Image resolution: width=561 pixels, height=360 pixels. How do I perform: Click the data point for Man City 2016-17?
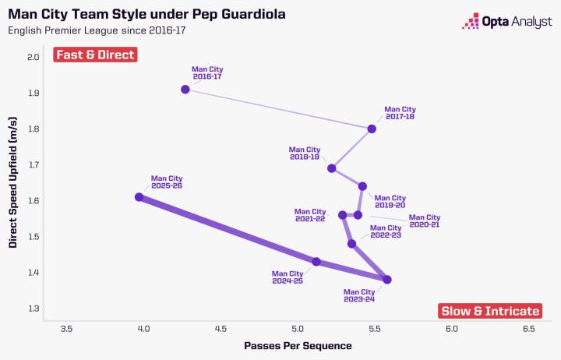(x=185, y=90)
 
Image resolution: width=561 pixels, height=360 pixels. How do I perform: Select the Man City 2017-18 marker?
(x=372, y=129)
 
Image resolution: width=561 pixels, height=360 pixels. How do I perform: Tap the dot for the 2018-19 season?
(x=332, y=168)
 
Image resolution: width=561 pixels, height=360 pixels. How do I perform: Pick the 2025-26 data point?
(x=139, y=197)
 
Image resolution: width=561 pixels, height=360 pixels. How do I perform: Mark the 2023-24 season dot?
(x=387, y=279)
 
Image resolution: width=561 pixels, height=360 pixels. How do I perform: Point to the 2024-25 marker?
(x=316, y=262)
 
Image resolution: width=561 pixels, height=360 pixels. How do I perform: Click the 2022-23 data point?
(x=352, y=244)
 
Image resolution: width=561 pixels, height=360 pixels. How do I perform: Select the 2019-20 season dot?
(x=362, y=186)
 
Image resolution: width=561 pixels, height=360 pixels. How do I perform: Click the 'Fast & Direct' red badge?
(x=95, y=55)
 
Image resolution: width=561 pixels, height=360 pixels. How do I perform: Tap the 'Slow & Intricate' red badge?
(x=490, y=311)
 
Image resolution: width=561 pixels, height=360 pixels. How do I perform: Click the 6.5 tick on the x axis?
(x=528, y=329)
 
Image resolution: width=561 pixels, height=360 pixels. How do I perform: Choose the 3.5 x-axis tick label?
(x=66, y=329)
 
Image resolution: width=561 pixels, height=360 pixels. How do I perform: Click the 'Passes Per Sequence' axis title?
(x=298, y=345)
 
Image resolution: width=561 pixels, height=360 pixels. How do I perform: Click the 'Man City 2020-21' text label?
(x=425, y=221)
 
